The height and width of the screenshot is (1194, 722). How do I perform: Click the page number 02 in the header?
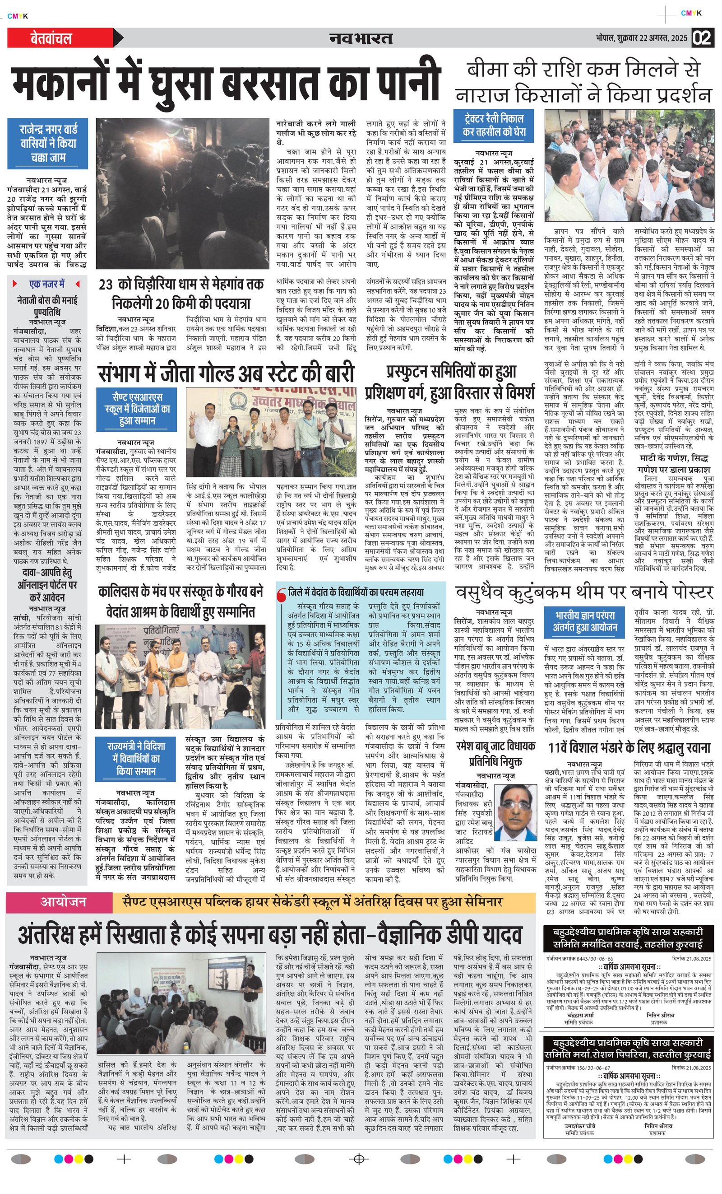click(702, 38)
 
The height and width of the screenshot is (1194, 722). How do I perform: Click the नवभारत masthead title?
click(361, 38)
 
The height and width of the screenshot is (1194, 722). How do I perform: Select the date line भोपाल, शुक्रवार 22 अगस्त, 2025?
click(642, 38)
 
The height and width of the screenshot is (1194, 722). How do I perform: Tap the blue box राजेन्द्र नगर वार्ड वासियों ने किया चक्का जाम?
click(48, 143)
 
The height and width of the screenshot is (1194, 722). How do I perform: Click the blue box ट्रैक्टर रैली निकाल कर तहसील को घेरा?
click(493, 125)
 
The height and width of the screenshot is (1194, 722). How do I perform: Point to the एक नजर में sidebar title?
click(47, 284)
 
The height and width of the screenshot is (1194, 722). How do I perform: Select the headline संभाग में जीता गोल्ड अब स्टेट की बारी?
click(226, 373)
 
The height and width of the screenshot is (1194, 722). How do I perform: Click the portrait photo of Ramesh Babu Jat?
click(517, 812)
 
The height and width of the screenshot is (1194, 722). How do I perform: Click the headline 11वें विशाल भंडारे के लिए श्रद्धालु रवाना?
click(629, 748)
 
